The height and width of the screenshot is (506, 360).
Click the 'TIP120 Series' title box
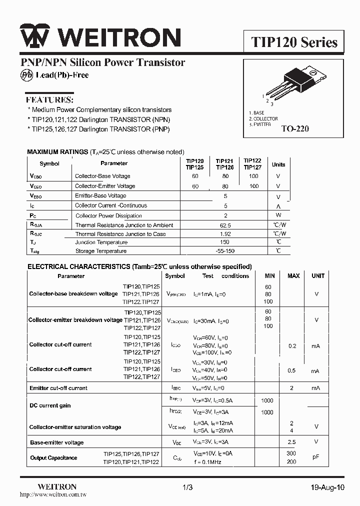pyautogui.click(x=294, y=42)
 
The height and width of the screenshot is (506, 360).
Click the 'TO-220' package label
pyautogui.click(x=295, y=128)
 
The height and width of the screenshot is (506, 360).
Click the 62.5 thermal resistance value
pyautogui.click(x=225, y=225)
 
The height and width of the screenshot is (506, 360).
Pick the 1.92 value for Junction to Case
pyautogui.click(x=225, y=234)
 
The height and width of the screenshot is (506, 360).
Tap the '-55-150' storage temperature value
pyautogui.click(x=225, y=251)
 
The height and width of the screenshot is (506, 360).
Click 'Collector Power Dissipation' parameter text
pyautogui.click(x=108, y=216)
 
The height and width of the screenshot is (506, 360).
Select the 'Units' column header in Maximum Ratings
pyautogui.click(x=278, y=164)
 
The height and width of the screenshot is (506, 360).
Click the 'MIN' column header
pyautogui.click(x=270, y=276)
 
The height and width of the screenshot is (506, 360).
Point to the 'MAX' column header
pyautogui.click(x=293, y=276)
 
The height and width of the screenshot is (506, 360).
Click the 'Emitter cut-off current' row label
pyautogui.click(x=58, y=388)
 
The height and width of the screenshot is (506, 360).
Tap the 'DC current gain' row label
pyautogui.click(x=50, y=406)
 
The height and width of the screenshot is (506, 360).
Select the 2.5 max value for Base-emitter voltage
pyautogui.click(x=292, y=442)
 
